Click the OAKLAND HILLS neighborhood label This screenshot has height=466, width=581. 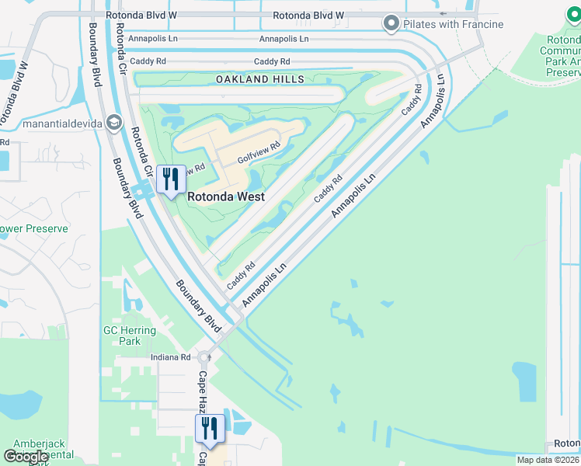click(x=259, y=79)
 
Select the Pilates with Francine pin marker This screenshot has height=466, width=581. click(x=391, y=24)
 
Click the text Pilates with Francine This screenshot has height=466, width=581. click(x=454, y=24)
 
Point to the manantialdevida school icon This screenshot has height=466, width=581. click(x=114, y=123)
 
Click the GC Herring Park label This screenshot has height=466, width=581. click(x=130, y=336)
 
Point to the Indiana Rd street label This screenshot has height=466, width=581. click(x=170, y=357)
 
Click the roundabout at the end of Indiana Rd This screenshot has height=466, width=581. click(x=204, y=358)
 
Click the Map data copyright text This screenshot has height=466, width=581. click(x=548, y=460)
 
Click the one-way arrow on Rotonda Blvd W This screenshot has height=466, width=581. click(x=444, y=14)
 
